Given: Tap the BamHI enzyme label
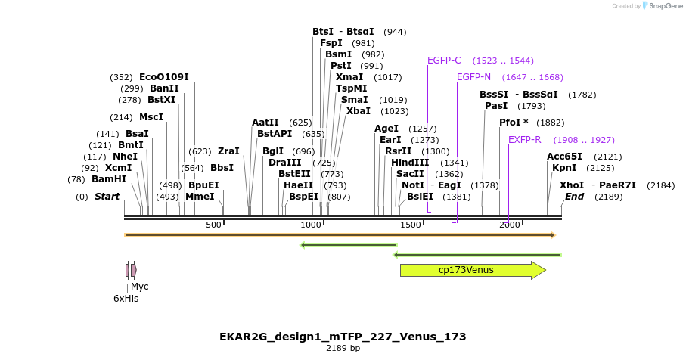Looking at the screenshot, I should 109,179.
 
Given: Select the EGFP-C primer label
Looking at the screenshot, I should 444,61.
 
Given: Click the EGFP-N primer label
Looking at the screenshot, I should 473,77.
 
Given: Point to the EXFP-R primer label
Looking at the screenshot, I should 524,140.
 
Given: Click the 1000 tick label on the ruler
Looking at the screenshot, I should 312,225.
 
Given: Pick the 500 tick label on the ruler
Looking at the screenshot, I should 213,225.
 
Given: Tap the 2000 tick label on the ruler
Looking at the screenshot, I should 509,225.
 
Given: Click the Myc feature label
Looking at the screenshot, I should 140,287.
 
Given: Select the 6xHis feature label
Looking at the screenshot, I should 126,299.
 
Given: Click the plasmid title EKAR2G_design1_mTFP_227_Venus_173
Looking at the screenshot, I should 343,337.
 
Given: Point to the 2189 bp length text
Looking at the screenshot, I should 343,349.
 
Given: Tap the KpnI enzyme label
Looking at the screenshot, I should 564,168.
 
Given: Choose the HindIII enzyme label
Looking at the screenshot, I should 410,162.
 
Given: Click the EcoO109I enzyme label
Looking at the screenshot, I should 164,77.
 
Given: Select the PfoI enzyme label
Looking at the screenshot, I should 514,123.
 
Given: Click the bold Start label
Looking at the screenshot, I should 107,197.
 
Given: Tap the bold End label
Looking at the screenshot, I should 574,197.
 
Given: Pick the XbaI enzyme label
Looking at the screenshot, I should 359,110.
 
